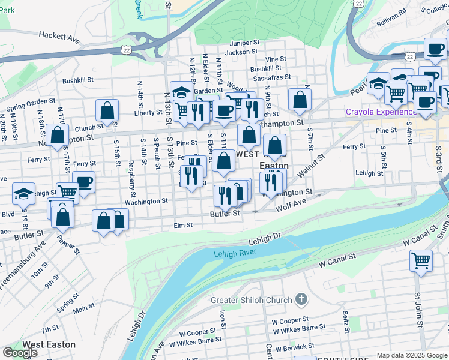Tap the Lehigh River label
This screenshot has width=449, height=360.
(235, 254)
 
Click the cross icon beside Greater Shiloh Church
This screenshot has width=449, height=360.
(301, 299)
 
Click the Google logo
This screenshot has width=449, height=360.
(20, 353)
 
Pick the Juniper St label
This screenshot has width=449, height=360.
(244, 43)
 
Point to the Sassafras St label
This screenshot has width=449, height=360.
(271, 77)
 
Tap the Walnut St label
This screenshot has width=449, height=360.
(310, 166)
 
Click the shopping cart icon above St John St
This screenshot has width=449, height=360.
(421, 261)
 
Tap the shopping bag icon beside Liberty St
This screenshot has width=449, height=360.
(107, 110)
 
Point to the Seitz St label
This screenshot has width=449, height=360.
(346, 321)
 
